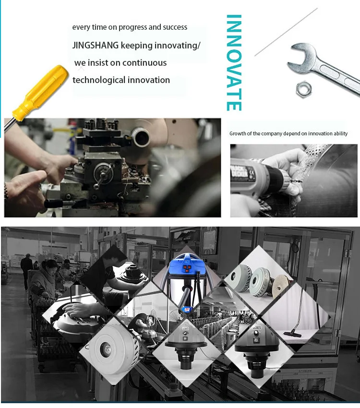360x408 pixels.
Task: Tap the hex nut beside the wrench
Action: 304,89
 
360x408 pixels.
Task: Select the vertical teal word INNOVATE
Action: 234,63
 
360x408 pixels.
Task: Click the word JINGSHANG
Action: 96,45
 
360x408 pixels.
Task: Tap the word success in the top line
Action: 175,27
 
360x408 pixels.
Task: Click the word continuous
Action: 144,63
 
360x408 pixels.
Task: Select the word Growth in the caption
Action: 238,133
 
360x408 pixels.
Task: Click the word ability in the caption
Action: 340,134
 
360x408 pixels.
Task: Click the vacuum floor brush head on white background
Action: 293,333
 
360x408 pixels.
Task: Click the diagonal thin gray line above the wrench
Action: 286,32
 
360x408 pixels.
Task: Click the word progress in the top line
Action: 132,27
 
